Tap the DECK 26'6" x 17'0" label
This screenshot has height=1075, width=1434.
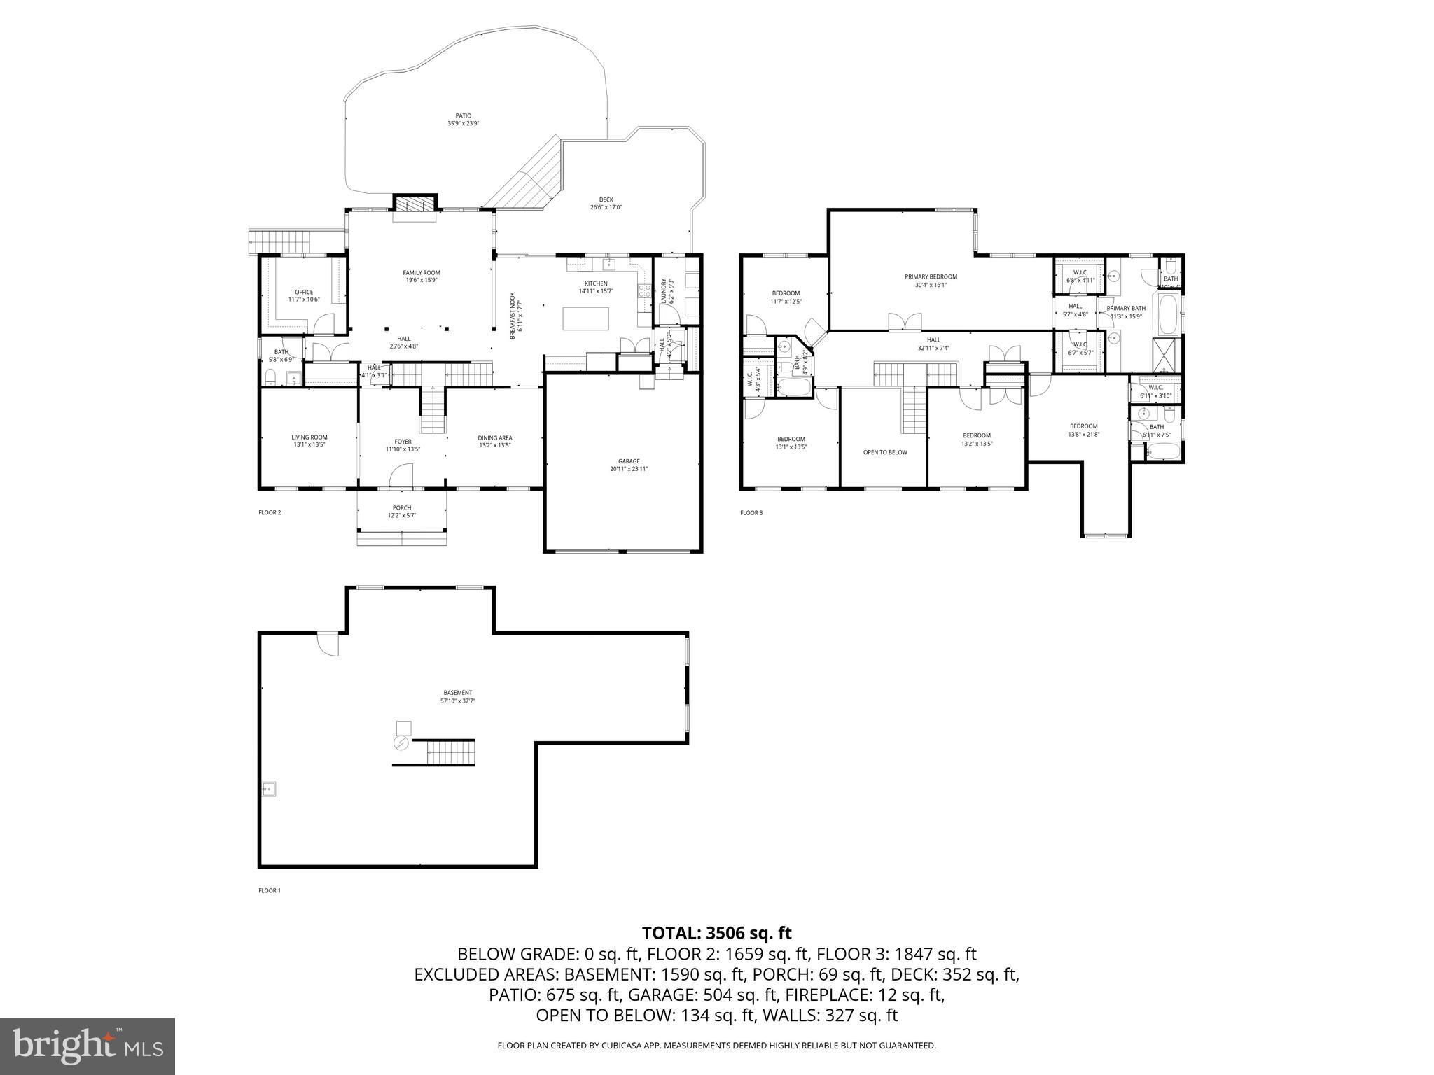pyautogui.click(x=606, y=203)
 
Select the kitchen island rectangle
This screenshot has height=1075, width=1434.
pyautogui.click(x=586, y=318)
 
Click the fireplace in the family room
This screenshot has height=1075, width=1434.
pyautogui.click(x=415, y=204)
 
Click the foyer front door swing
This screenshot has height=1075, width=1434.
pyautogui.click(x=401, y=477)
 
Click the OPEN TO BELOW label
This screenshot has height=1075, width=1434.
pyautogui.click(x=884, y=452)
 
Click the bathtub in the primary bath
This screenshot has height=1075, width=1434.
pyautogui.click(x=1167, y=315)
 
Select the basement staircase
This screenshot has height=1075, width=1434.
pyautogui.click(x=450, y=753)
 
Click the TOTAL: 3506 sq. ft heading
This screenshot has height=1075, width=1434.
pyautogui.click(x=716, y=933)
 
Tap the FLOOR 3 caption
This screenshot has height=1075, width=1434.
pyautogui.click(x=751, y=513)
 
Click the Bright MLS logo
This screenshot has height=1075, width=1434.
pyautogui.click(x=88, y=1046)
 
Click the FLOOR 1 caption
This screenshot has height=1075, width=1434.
pyautogui.click(x=269, y=891)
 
